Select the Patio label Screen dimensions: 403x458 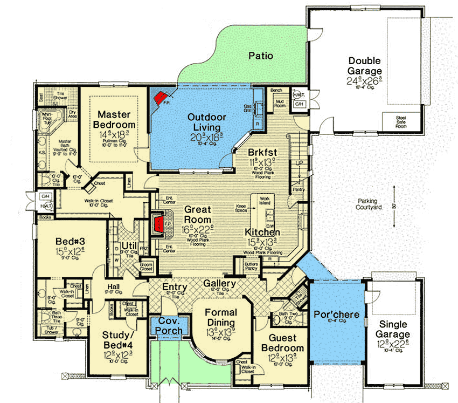[x=260, y=56]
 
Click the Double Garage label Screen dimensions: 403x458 [x=365, y=66]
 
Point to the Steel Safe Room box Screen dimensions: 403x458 [x=400, y=120]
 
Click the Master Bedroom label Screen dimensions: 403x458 [x=116, y=120]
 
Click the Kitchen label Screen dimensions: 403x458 [x=262, y=231]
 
